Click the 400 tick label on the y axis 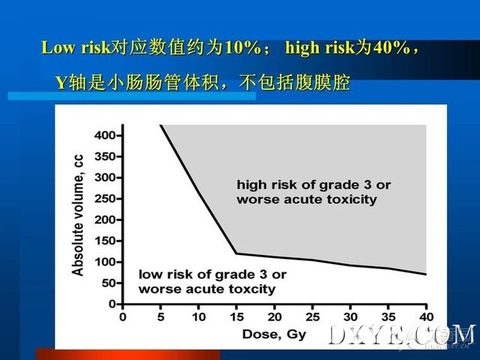click(103, 135)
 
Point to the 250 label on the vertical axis click(103, 199)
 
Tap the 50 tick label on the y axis click(106, 283)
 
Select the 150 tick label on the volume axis click(103, 241)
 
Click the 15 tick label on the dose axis click(236, 317)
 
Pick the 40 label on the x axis click(426, 317)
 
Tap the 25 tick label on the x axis click(312, 317)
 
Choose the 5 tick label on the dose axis click(160, 317)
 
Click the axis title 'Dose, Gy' click(274, 334)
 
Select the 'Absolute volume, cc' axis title click(78, 215)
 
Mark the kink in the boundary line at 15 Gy click(236, 253)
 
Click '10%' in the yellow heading click(243, 48)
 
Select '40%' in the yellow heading click(391, 48)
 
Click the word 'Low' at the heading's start click(58, 48)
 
